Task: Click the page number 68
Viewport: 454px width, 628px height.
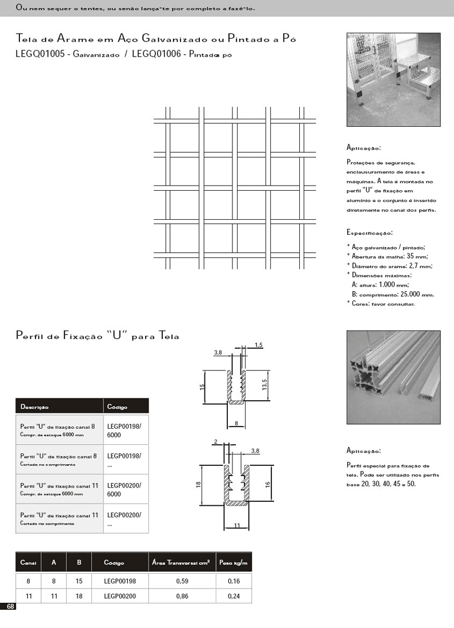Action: [x=10, y=606]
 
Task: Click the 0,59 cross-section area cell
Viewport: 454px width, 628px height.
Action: [x=182, y=581]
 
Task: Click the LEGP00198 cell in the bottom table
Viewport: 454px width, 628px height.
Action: [x=119, y=581]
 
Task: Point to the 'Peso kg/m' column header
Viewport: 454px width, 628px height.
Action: [x=234, y=562]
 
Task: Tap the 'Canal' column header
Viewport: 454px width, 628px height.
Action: [x=29, y=562]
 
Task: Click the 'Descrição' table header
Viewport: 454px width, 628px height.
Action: [x=35, y=407]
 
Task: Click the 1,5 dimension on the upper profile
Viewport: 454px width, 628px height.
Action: [x=258, y=345]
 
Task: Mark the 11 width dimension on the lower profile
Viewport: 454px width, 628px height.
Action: [x=236, y=526]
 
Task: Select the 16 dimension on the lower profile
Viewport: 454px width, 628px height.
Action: [x=267, y=483]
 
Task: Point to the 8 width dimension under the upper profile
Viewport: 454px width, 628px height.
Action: [x=236, y=423]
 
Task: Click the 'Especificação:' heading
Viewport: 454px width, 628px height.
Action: [x=369, y=233]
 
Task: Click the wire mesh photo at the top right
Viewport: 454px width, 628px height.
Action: [x=393, y=79]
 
